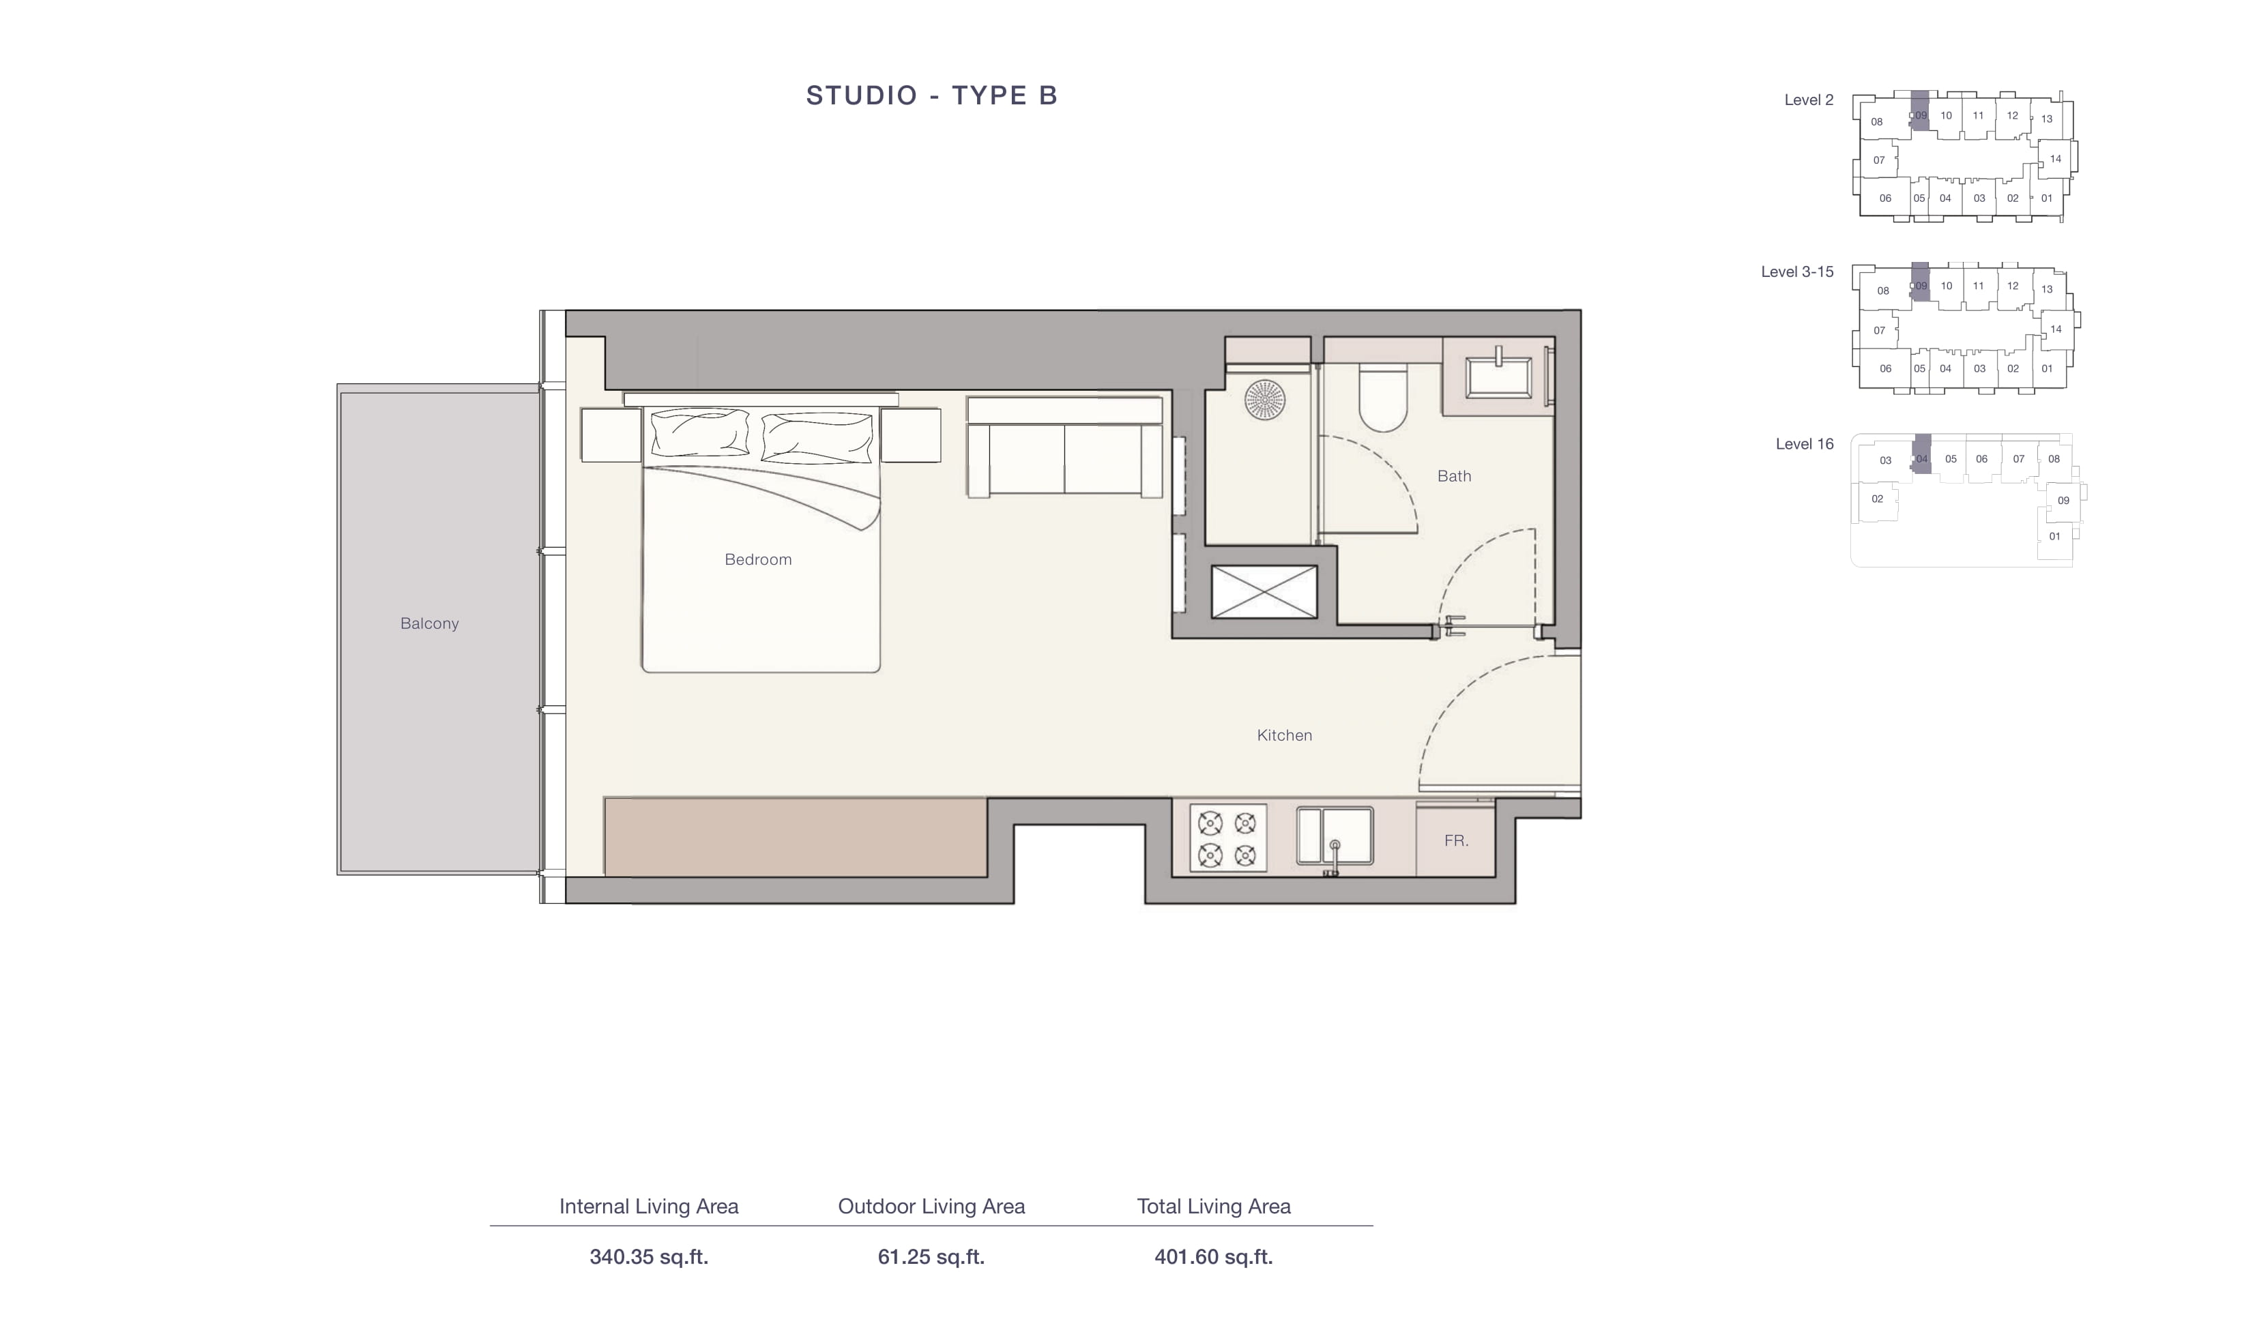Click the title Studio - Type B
point(931,95)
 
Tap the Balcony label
point(429,623)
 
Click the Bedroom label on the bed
point(757,559)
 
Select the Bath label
point(1453,476)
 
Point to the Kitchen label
point(1284,735)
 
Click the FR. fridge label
point(1456,841)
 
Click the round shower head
point(1264,399)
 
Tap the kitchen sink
point(1335,836)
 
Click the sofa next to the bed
point(1064,447)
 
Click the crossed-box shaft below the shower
point(1264,592)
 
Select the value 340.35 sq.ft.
point(649,1256)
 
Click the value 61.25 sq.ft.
point(931,1256)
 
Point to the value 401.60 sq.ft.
point(1214,1256)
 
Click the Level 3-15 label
point(1797,271)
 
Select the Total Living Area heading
point(1214,1207)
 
